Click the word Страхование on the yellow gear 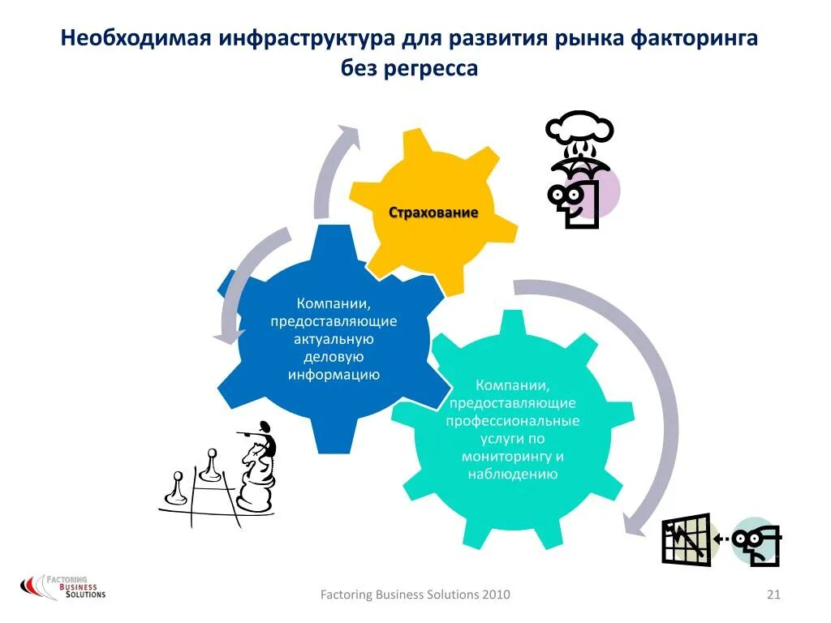433,213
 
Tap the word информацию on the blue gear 334,375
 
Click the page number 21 773,595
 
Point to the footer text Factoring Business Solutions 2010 415,595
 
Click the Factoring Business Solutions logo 62,586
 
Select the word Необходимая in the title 137,39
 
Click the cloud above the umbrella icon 579,130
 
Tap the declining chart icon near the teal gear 686,539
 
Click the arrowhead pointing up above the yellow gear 347,135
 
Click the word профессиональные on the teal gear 512,420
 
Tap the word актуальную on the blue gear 334,339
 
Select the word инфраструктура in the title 319,39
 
